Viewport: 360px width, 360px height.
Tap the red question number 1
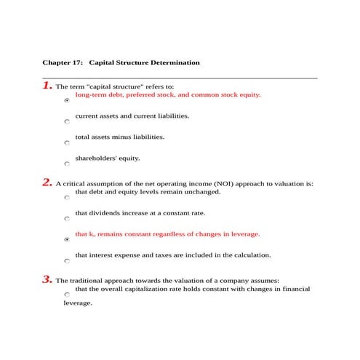pos(47,86)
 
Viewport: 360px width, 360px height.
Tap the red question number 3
pos(47,279)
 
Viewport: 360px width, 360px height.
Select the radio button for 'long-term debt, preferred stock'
pos(67,101)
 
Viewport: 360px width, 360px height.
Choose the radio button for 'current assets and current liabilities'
pos(67,121)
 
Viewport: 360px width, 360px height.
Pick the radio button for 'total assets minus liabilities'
pos(67,143)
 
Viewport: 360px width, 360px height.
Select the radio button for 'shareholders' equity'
pos(67,164)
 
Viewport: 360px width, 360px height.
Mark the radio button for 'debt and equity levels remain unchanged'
pos(67,198)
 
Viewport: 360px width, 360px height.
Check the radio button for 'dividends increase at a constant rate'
pos(67,218)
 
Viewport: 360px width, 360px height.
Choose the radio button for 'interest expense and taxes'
pos(67,260)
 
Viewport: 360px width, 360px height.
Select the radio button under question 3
pos(67,295)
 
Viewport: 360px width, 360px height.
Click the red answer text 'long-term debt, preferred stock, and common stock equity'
pos(168,95)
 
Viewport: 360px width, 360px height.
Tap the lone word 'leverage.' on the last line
pos(78,303)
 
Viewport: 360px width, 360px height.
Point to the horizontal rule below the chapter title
pos(180,77)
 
